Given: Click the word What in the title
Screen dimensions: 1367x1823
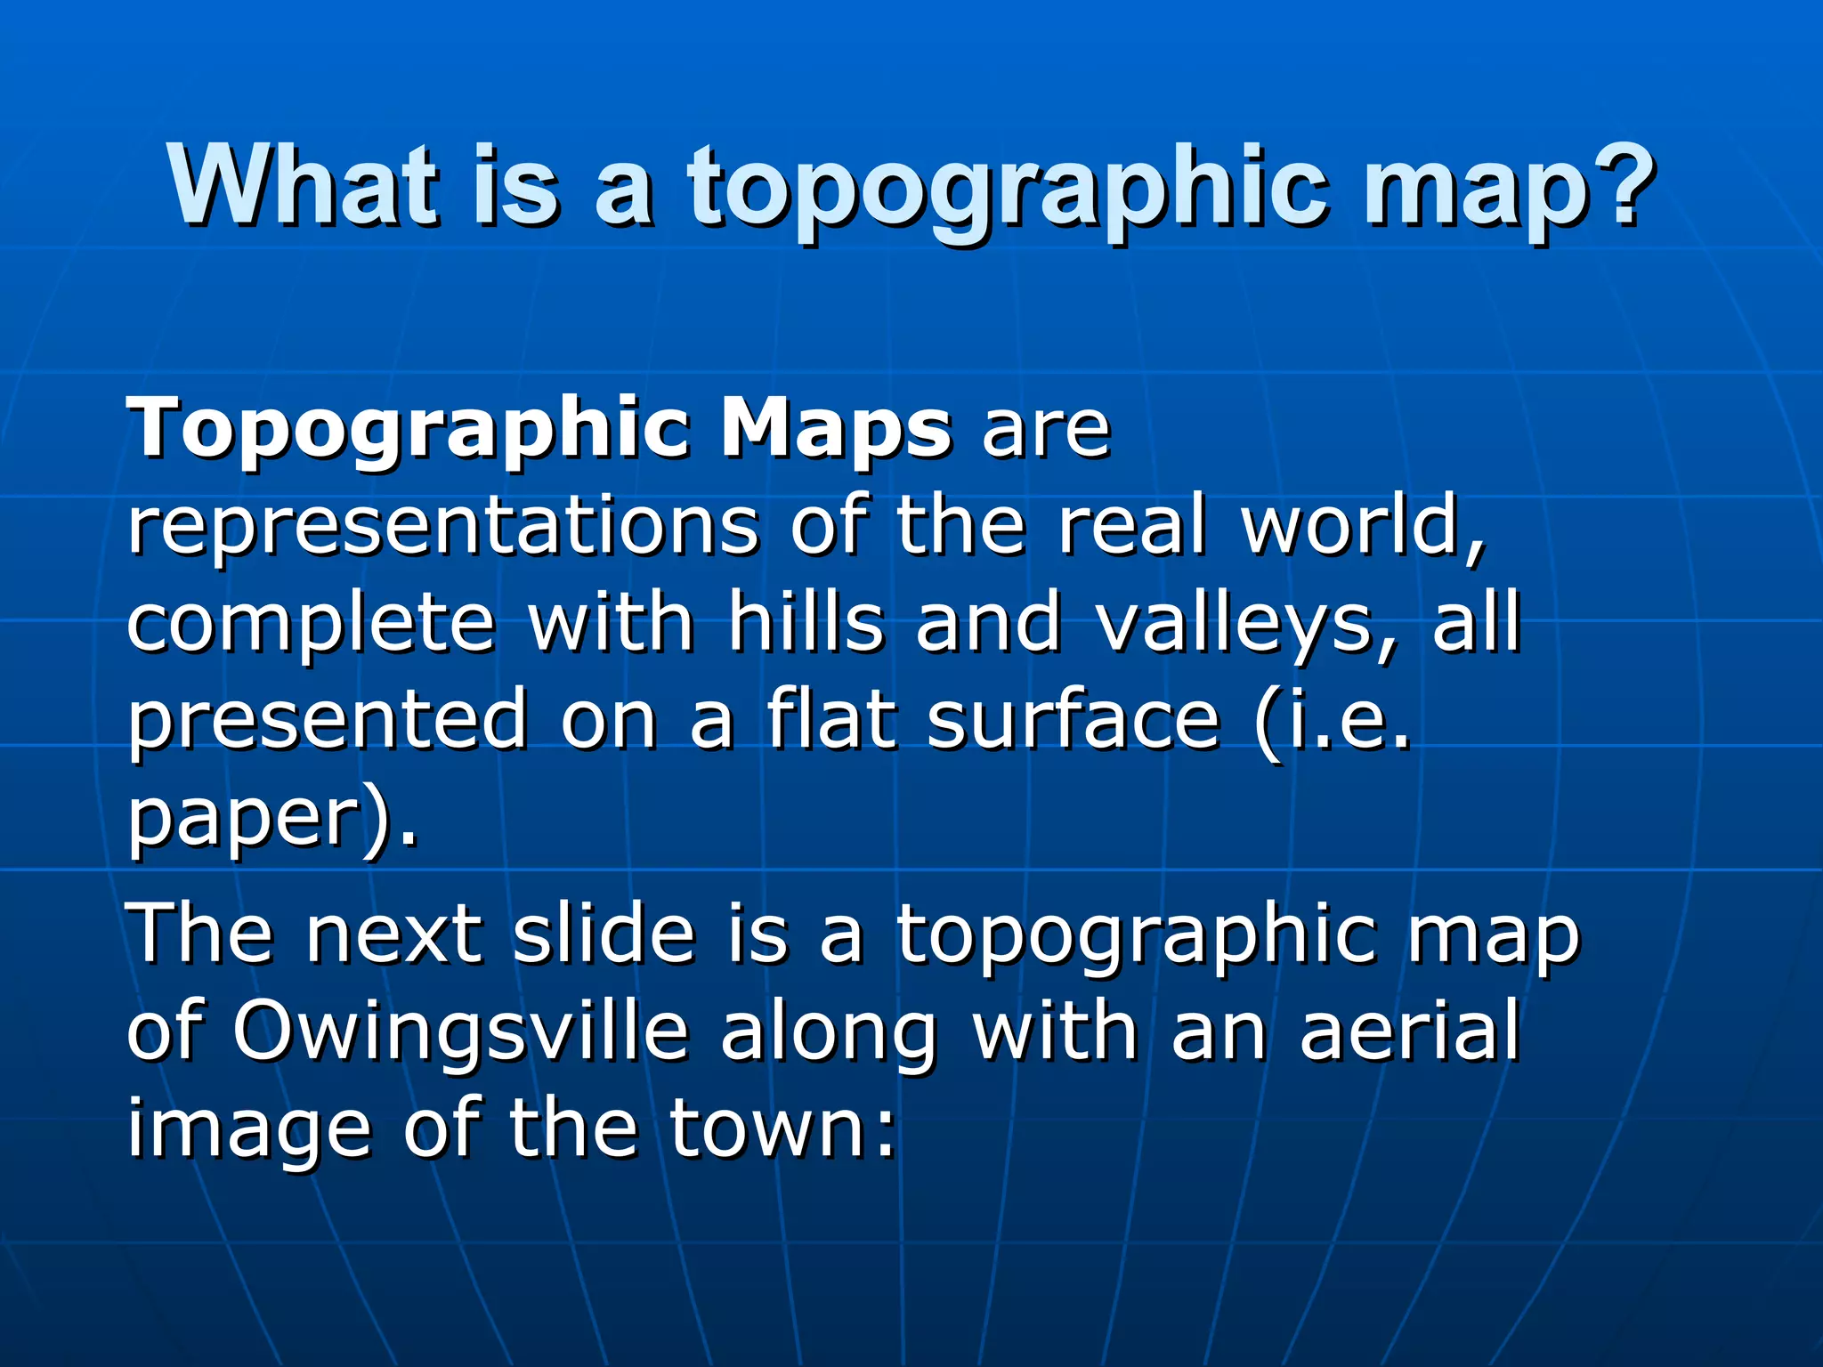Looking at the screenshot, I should point(303,187).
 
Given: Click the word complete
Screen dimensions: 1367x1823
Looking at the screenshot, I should point(311,623).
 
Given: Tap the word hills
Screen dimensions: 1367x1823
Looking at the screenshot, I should point(806,623).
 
